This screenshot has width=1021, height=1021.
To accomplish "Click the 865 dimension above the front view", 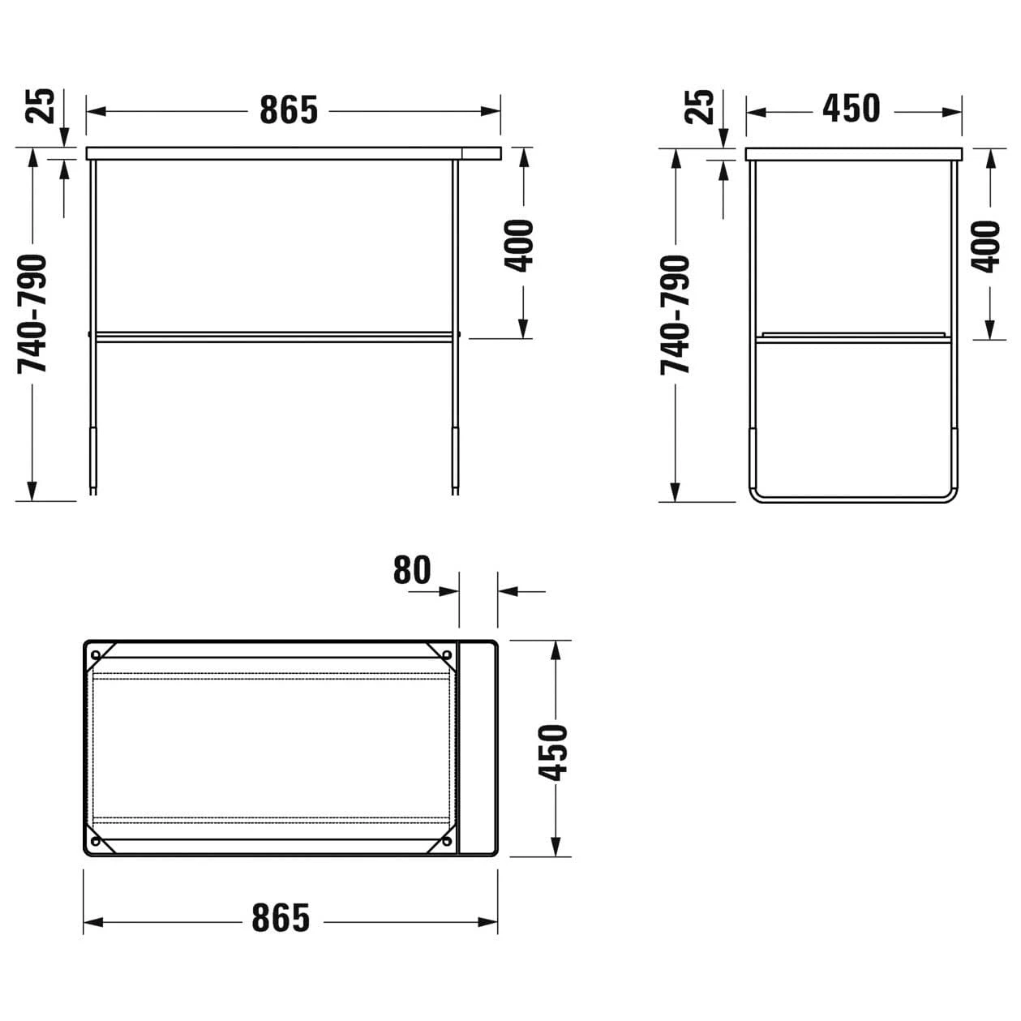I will (288, 110).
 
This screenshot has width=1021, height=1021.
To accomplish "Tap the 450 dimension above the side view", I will (851, 109).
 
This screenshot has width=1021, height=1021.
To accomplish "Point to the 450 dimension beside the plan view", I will (556, 753).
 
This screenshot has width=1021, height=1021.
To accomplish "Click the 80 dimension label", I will (412, 570).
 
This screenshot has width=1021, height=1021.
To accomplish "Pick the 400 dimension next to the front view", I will (520, 245).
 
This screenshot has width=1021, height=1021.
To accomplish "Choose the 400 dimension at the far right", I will (986, 246).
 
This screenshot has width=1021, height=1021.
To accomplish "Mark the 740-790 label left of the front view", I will (34, 314).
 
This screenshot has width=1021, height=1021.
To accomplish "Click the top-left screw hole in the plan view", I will (96, 654).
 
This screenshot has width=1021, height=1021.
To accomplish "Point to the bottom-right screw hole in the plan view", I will (446, 843).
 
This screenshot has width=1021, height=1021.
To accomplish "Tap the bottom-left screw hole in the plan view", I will (96, 843).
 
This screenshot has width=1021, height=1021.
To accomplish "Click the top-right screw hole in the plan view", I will (446, 654).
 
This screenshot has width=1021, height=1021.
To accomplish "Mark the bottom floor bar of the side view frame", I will (852, 498).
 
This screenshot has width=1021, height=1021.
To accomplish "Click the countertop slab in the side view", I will (853, 153).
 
